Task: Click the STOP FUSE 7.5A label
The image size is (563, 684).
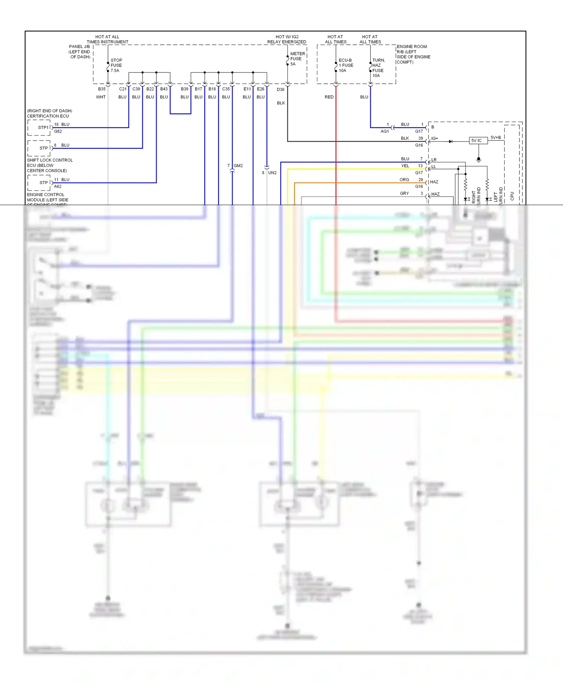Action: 116,65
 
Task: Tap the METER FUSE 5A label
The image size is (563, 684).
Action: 297,59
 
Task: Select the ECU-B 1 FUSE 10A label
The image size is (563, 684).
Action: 346,65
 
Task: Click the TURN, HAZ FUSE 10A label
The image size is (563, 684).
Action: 378,68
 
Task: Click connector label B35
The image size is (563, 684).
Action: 102,89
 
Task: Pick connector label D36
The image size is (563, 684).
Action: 281,89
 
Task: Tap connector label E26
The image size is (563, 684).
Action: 261,89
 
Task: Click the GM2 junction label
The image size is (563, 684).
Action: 238,166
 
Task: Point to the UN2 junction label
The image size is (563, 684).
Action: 272,173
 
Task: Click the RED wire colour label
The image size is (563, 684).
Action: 329,97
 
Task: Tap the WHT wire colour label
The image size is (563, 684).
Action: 101,97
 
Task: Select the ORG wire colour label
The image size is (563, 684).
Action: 404,180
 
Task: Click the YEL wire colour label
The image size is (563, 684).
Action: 405,166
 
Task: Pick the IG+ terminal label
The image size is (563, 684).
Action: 435,139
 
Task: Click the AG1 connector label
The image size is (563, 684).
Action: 385,131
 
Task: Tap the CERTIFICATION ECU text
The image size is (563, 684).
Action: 48,116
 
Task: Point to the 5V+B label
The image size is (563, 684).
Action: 496,137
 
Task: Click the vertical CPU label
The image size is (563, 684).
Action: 512,196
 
